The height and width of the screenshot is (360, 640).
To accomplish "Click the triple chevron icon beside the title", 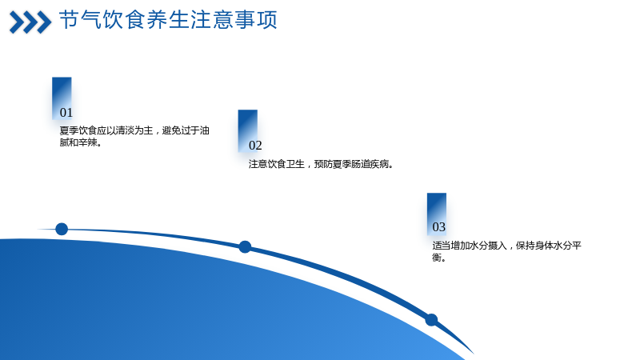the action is tap(30, 22).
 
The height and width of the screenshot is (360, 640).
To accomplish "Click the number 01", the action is tap(66, 113).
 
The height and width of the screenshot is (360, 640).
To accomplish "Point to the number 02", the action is tap(255, 146).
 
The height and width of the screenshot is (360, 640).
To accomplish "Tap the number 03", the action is tap(438, 227).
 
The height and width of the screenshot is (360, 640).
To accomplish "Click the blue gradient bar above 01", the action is tap(62, 98).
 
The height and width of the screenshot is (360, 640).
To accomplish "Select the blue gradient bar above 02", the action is tap(248, 130).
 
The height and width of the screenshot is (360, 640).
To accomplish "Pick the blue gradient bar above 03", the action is tap(437, 214).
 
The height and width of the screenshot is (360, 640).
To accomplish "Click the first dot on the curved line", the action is tap(62, 229).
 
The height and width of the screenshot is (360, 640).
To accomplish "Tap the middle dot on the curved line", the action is tap(245, 247).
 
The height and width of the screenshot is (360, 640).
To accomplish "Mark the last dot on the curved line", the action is tap(431, 319).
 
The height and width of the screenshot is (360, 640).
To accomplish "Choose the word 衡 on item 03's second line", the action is tap(437, 258).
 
